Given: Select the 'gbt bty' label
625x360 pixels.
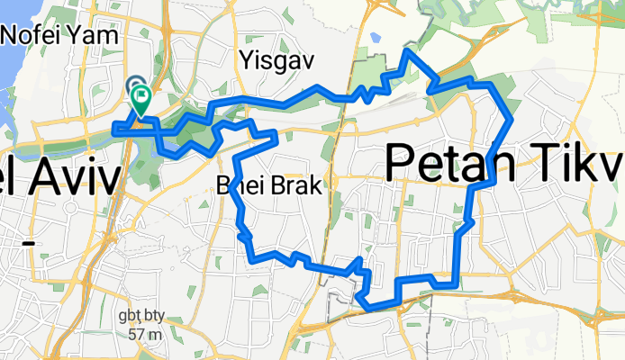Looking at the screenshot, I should [x=142, y=318].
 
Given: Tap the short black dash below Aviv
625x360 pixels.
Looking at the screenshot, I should [x=28, y=243].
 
